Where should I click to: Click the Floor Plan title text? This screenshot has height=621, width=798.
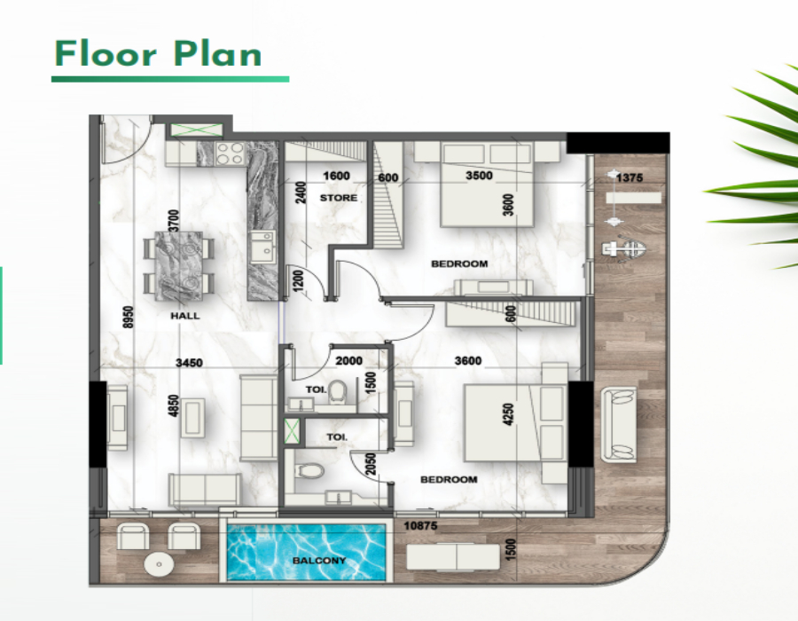point(158,53)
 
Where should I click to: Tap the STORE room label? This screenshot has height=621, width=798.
point(339,198)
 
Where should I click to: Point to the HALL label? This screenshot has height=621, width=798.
point(185,316)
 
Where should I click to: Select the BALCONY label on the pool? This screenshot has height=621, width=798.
point(319,561)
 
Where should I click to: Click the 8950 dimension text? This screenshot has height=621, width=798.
point(129,317)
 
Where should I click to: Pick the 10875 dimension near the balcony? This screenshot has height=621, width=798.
point(420,525)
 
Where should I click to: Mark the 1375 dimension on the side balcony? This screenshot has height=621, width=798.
point(630,177)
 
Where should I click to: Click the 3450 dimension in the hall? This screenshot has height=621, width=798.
point(189,363)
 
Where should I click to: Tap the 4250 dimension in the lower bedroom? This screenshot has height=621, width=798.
point(508,414)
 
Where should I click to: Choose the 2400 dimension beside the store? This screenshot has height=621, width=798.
point(301,193)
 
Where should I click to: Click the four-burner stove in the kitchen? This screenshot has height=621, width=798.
point(230,153)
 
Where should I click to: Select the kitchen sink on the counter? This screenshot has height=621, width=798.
point(262,248)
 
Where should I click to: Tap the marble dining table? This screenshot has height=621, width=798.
point(178,266)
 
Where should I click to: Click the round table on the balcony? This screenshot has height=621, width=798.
point(159,564)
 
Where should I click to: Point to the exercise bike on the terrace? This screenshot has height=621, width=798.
point(624,249)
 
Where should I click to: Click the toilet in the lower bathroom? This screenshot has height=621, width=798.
point(309,470)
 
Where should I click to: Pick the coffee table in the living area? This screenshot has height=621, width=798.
point(192,417)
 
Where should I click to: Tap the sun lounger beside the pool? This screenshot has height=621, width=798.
point(453,557)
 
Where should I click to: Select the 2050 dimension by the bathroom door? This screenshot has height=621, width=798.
point(371,463)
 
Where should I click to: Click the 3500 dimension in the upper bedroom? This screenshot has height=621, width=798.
point(479,176)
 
